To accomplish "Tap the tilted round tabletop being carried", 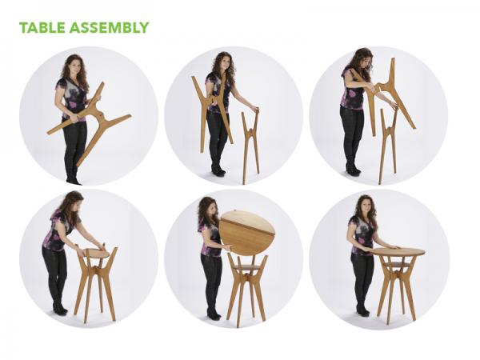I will coord(247,232).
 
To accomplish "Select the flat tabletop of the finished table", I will coord(398,252).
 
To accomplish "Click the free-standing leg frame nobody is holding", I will coord(250,144).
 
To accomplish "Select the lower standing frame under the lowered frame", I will coord(388,148).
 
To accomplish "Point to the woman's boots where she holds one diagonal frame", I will coord(73,176).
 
